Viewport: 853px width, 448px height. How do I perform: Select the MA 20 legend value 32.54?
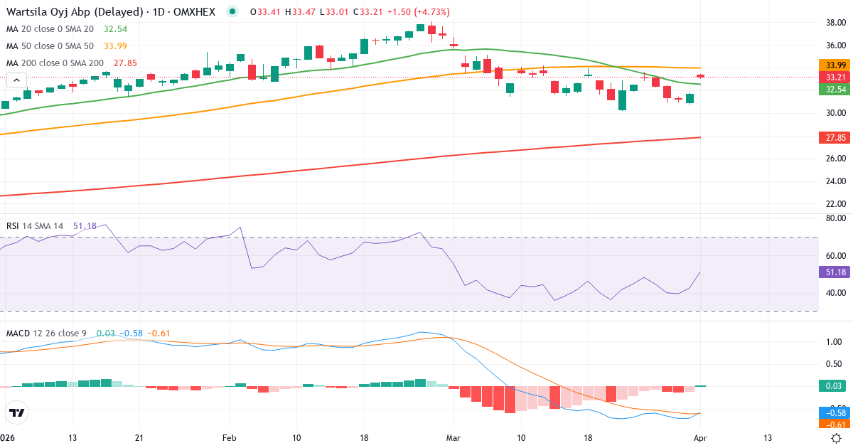(115, 29)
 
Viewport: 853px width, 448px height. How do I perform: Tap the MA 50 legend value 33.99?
(115, 46)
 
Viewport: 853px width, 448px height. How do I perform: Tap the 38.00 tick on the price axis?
(830, 23)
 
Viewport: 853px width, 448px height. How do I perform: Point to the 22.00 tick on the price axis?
(830, 203)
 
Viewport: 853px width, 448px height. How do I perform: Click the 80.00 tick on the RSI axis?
(830, 218)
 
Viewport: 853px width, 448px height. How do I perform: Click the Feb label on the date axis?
(229, 437)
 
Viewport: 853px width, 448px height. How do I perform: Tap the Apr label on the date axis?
(700, 437)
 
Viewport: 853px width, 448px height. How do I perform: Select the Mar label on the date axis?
(453, 437)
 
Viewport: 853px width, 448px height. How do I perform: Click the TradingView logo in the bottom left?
(17, 412)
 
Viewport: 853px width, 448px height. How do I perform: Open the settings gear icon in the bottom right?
(837, 437)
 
